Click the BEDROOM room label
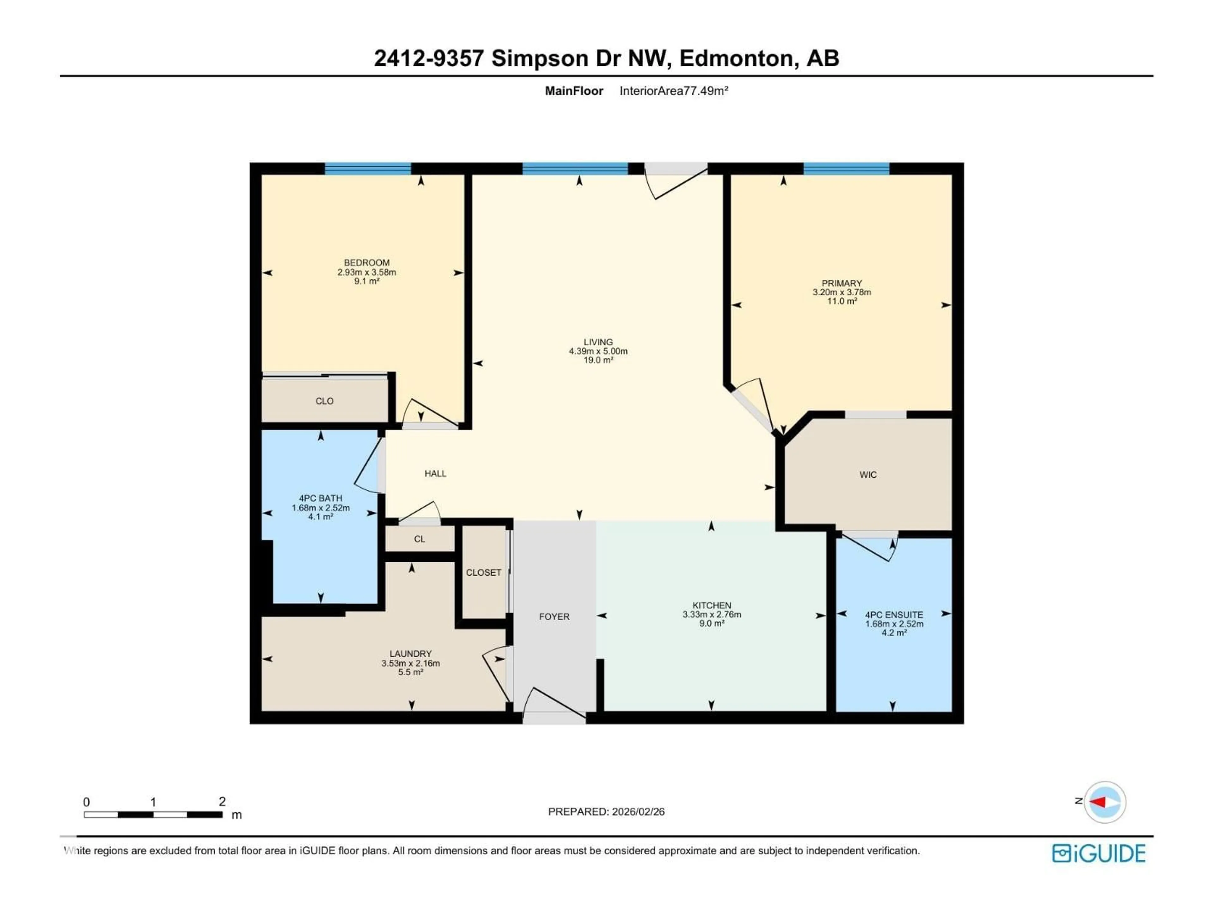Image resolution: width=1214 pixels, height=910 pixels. pos(367,263)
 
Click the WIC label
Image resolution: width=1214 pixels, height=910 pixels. pos(868,475)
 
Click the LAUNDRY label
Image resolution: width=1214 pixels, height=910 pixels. pos(411,654)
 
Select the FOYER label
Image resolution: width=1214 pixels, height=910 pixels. pos(554,616)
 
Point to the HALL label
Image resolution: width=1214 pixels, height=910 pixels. pos(435,473)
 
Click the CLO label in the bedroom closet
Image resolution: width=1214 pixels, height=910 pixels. pos(324,401)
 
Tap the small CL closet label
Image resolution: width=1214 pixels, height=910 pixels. pos(419,539)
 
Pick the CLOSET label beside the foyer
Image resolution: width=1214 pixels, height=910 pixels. pos(483,573)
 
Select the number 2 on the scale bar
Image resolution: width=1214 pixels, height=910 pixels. pos(222,801)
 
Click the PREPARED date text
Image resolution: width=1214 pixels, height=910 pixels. pos(606,812)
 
